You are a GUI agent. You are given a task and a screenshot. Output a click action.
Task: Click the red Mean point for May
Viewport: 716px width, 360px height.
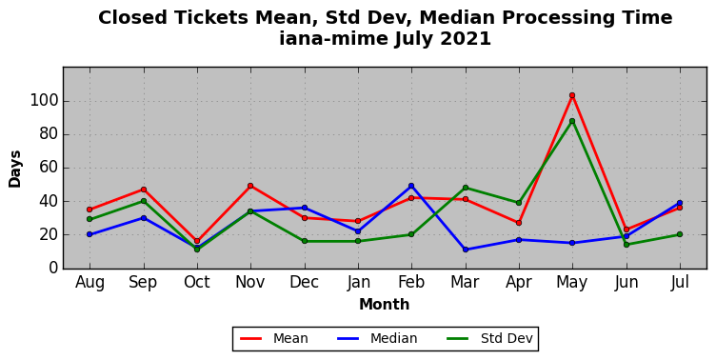572,95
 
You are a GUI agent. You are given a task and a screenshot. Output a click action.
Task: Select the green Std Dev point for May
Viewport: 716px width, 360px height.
572,121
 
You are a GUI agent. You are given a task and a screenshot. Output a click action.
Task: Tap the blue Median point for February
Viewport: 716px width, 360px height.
411,186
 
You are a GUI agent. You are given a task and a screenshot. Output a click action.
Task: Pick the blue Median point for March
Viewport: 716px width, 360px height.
466,250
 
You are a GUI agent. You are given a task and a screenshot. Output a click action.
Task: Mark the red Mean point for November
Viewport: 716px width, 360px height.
250,186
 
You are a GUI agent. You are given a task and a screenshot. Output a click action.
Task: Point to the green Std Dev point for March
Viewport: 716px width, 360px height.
466,188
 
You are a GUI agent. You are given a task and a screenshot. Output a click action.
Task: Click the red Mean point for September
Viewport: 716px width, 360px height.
144,190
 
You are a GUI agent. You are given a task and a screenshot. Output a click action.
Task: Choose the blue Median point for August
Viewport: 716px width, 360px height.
89,234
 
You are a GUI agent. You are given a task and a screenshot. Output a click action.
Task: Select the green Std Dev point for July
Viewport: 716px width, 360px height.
680,234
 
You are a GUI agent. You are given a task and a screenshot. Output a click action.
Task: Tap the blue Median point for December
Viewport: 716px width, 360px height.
304,208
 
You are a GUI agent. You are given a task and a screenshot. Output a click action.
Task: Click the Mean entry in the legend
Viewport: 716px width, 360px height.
274,338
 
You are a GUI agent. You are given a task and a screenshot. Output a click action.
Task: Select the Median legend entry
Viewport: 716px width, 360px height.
377,338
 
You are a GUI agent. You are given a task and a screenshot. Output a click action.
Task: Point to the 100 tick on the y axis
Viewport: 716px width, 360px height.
45,101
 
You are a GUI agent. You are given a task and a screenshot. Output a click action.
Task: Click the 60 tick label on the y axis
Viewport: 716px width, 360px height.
50,168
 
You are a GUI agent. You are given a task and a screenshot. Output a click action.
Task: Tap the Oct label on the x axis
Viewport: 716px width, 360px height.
197,282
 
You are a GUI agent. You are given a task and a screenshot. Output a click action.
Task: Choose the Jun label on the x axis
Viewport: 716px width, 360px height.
626,283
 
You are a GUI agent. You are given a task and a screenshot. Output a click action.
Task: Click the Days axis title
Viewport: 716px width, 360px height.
14,169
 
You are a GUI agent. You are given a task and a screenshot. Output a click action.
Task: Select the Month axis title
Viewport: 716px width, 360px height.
385,304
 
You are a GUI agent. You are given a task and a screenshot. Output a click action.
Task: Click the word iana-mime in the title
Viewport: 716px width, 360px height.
334,38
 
